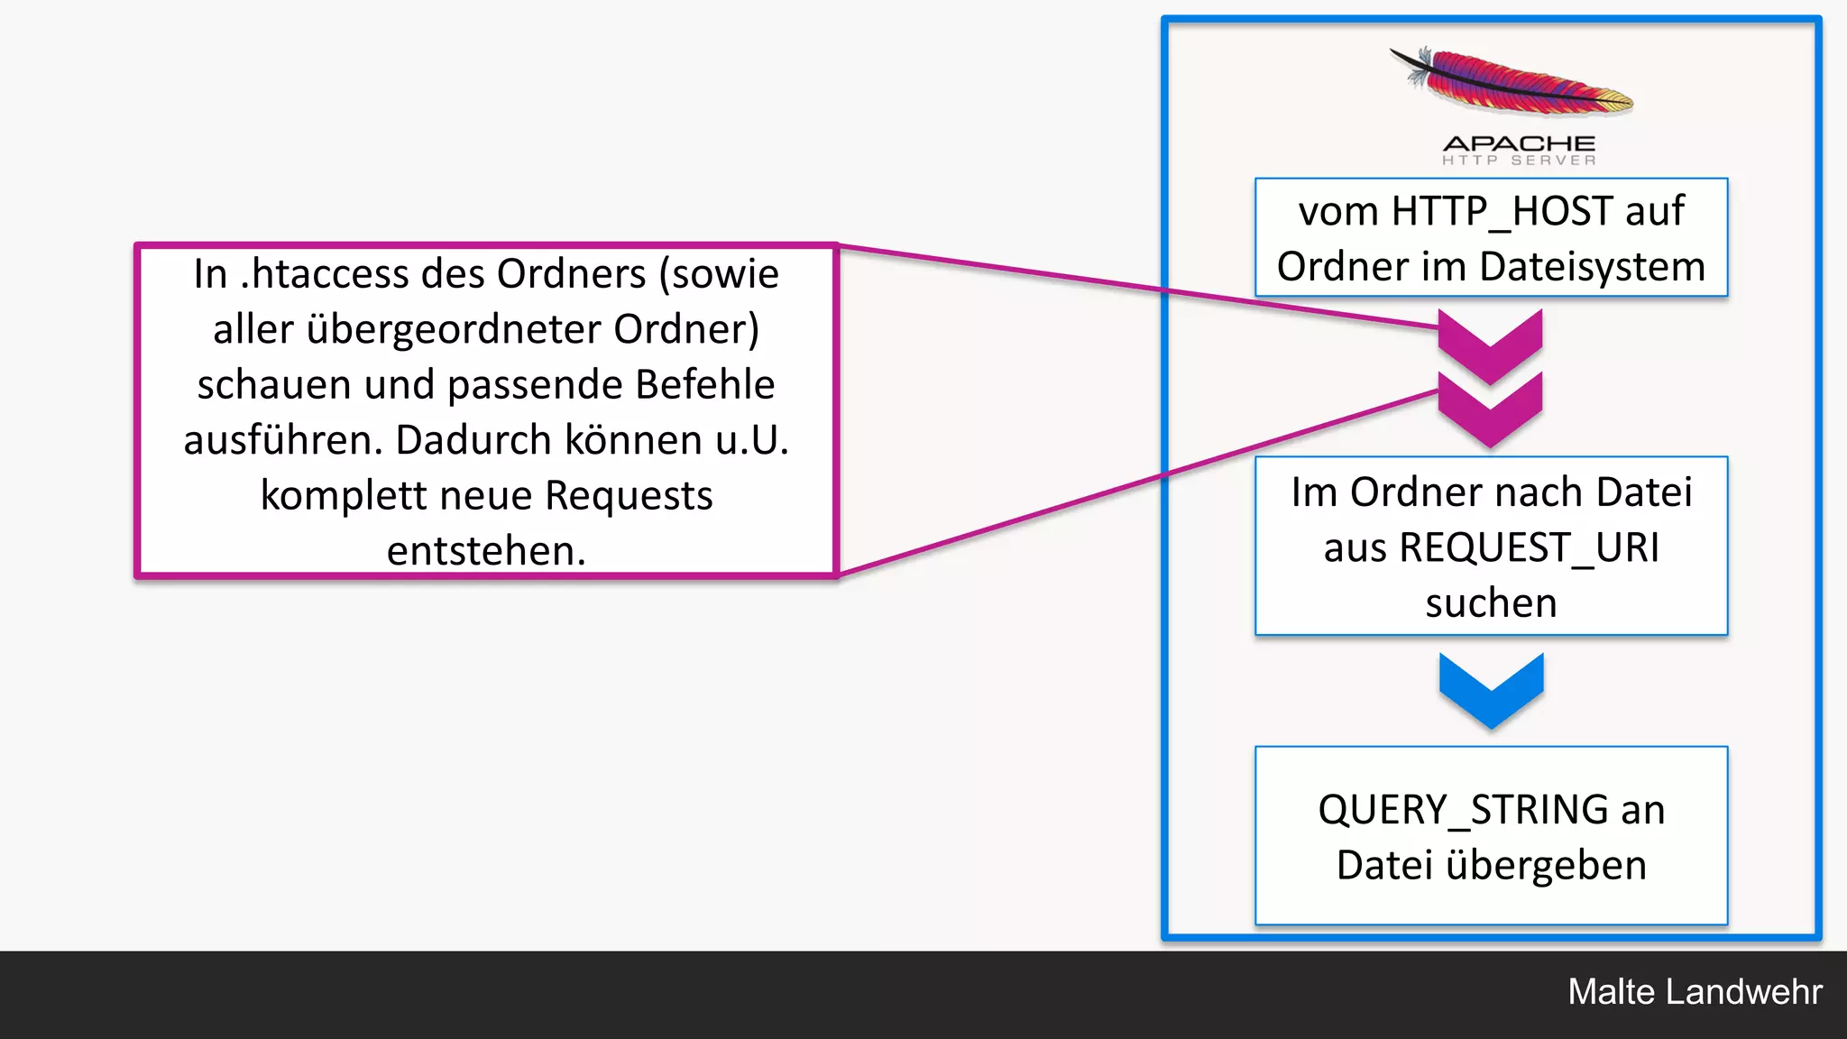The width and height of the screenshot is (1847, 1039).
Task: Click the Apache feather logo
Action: [1511, 83]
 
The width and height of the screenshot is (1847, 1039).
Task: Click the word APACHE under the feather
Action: [1519, 143]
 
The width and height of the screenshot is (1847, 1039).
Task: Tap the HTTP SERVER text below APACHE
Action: [1519, 161]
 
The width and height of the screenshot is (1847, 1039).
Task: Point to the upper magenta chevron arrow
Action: [1490, 344]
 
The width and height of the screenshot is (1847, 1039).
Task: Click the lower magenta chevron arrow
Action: [1490, 408]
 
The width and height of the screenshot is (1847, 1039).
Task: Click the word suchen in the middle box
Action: [1491, 602]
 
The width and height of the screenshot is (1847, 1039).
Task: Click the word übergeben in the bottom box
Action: [1546, 865]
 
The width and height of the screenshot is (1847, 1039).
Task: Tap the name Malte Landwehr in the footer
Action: [1695, 992]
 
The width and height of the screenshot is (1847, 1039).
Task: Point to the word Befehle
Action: [704, 385]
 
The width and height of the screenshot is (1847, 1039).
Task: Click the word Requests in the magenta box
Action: [629, 496]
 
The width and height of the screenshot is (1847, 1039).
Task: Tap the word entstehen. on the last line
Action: [486, 551]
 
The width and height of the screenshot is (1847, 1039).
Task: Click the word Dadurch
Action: [473, 440]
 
